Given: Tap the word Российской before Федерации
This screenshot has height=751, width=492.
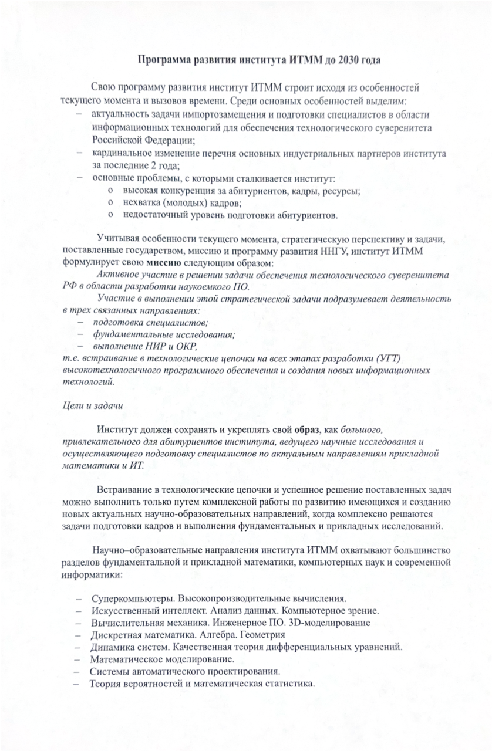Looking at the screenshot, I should pos(117,140).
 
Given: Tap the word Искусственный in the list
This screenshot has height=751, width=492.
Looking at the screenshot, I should pos(119,611).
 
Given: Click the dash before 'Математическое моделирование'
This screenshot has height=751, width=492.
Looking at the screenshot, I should pos(78,659).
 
